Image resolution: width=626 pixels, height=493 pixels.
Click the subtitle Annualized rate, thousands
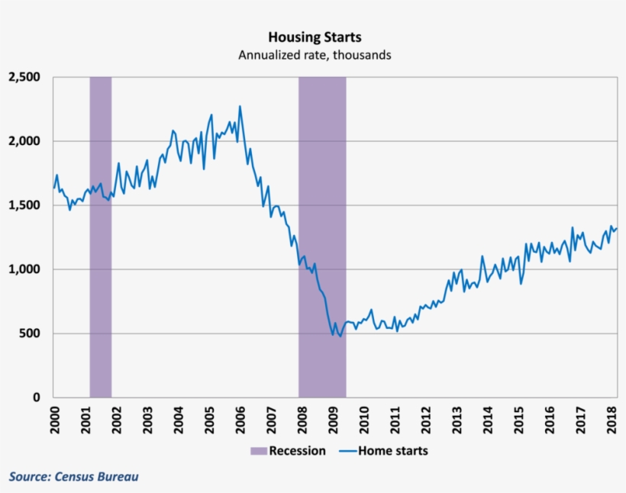coord(315,55)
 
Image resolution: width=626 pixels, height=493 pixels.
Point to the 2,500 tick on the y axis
coord(25,77)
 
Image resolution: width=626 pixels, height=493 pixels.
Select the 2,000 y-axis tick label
coord(25,141)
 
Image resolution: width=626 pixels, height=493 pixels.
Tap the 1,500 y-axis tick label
coord(25,205)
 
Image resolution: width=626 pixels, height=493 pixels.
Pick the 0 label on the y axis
coord(39,398)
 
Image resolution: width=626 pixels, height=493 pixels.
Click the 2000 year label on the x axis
coord(54,420)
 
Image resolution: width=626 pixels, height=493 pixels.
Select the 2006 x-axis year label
coord(240,420)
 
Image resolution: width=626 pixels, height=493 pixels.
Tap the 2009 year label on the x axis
coord(334,420)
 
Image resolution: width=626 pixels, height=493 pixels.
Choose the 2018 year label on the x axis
coord(612,420)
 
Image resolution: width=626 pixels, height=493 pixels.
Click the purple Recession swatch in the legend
coord(258,451)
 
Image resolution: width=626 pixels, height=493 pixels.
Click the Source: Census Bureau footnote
coord(74,476)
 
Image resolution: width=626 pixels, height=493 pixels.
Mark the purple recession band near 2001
coord(101,237)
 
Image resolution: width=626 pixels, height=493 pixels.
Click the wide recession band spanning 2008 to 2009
coord(321,237)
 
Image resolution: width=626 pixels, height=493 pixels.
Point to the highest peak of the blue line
coord(240,106)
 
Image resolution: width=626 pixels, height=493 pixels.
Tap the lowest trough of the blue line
coord(340,337)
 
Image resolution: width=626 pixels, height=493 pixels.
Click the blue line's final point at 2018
coord(617,228)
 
